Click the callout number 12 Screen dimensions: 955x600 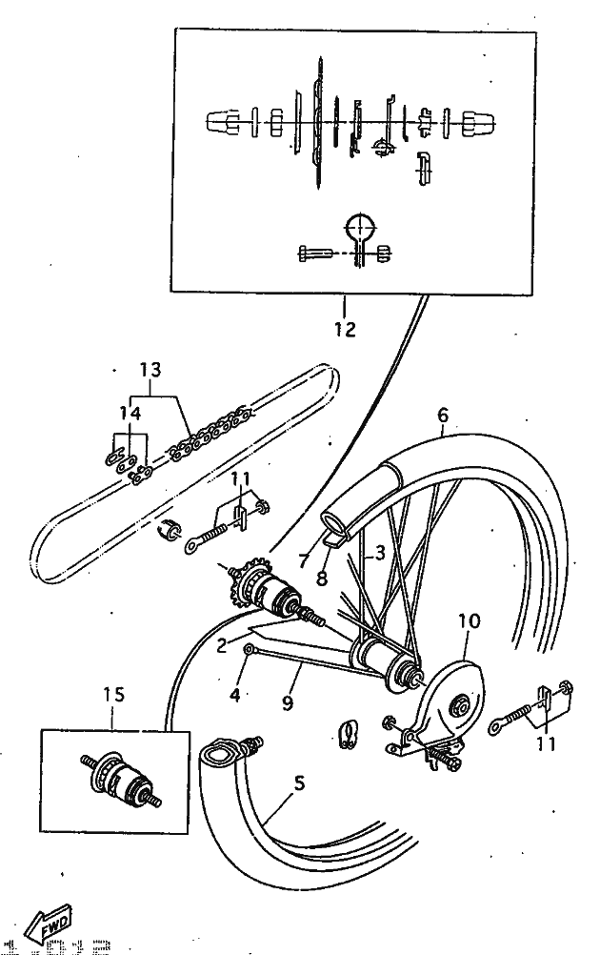pyautogui.click(x=345, y=330)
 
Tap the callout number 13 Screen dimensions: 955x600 pyautogui.click(x=150, y=370)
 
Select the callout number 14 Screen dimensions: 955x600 pyautogui.click(x=130, y=414)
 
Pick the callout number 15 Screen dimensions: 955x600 pyautogui.click(x=113, y=696)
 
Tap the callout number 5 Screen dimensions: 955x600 pyautogui.click(x=299, y=784)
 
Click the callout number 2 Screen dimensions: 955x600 pyautogui.click(x=221, y=644)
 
